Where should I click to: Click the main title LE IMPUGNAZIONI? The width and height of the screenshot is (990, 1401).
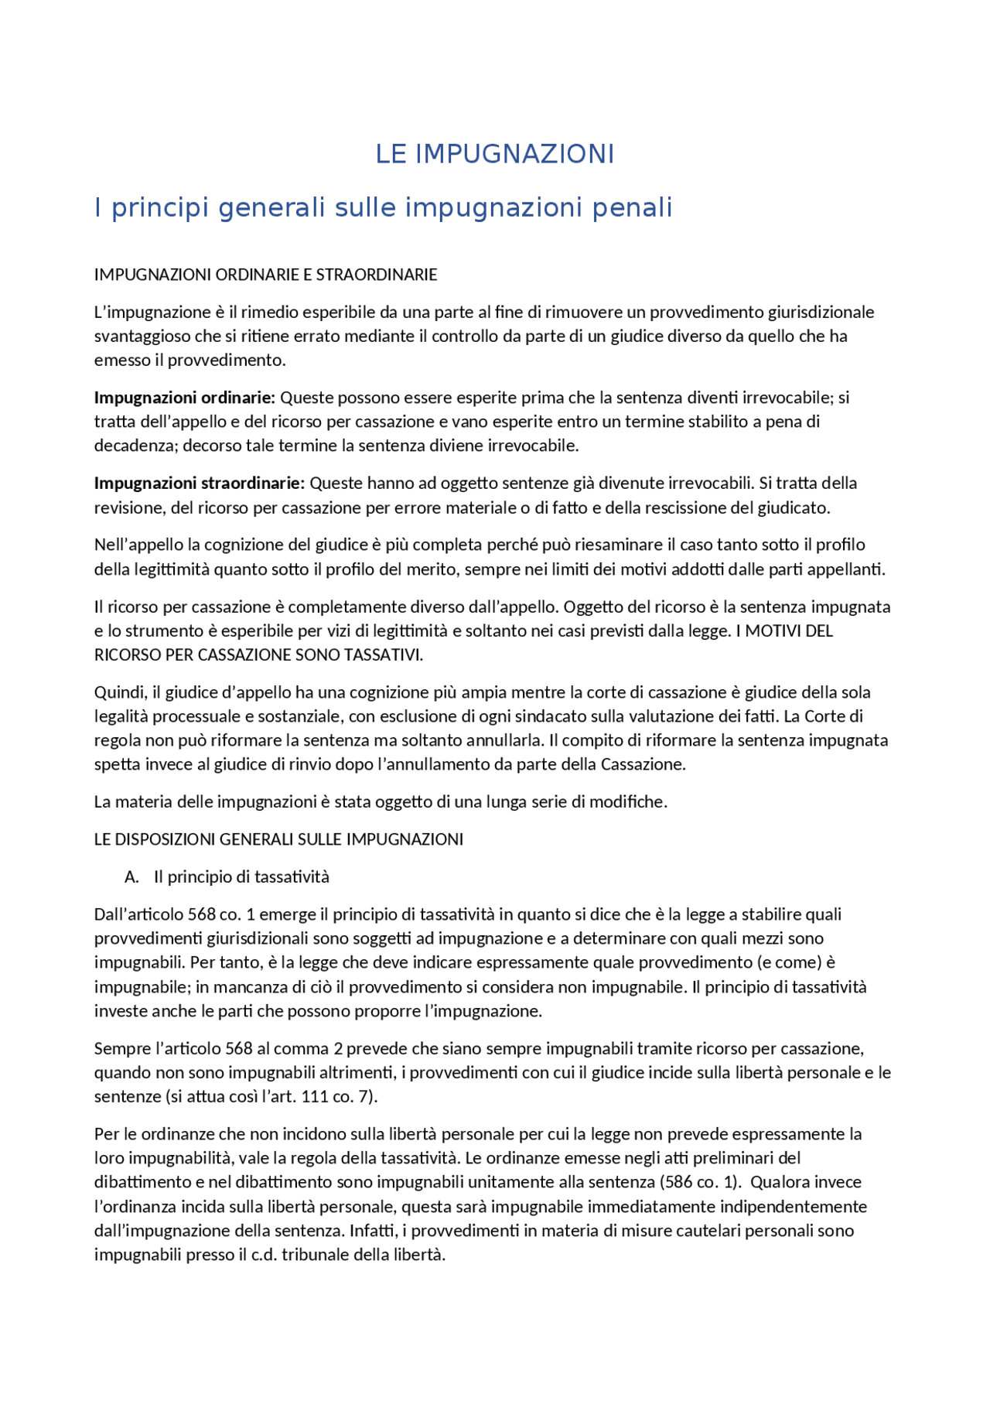(494, 154)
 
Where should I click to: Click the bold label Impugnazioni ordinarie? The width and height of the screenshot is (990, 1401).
(184, 398)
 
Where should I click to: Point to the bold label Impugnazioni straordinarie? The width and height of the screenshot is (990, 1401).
(200, 484)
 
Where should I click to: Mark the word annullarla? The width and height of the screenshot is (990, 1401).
(500, 740)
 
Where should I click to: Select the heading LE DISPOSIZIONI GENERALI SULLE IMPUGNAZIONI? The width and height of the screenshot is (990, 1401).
(278, 839)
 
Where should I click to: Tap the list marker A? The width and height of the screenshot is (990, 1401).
(131, 877)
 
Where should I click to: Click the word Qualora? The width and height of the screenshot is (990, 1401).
(780, 1183)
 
